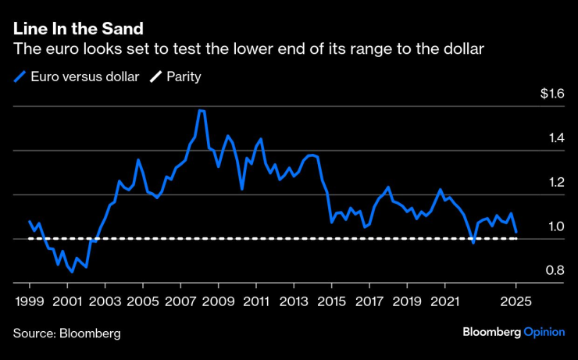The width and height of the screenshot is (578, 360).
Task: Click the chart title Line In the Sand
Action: pos(78,29)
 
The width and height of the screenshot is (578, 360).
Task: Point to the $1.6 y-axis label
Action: pos(551,94)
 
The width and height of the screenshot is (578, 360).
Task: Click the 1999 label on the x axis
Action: pos(30,301)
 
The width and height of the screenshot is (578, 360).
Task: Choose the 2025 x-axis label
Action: pos(516,301)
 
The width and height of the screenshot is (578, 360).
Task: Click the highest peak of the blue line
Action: pos(201,111)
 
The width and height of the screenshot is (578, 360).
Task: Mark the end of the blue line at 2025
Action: pos(516,231)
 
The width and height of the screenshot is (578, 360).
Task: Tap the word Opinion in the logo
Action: pos(544,332)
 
